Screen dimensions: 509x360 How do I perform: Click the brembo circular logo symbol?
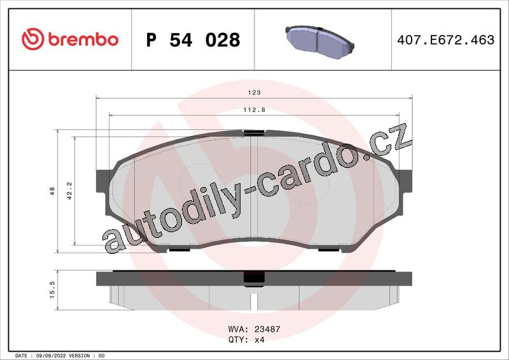[33, 39]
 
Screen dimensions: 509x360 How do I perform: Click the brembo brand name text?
[83, 39]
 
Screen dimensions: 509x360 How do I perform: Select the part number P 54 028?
[193, 40]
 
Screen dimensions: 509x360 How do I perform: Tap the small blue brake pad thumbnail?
[320, 42]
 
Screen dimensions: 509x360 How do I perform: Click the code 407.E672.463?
[446, 40]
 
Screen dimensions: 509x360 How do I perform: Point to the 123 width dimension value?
[254, 92]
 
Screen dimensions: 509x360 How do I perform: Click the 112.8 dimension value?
[254, 110]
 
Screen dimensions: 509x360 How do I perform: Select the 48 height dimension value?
[52, 191]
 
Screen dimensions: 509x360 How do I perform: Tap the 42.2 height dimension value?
[69, 191]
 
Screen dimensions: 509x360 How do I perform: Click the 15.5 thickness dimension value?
[52, 290]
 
